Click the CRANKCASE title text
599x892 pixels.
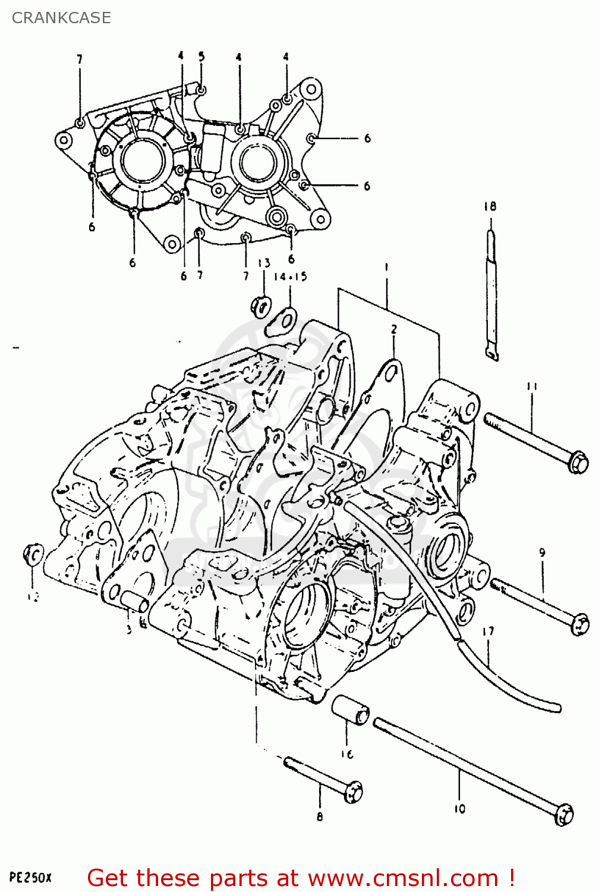[x=61, y=18]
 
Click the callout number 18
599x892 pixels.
[x=490, y=206]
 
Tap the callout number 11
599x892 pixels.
[x=531, y=387]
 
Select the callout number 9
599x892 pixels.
[x=542, y=552]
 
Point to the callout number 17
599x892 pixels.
[x=488, y=631]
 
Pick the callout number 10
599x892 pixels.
[x=460, y=808]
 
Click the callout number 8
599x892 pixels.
[x=320, y=816]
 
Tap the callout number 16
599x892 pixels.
[x=347, y=754]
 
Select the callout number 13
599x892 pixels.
[x=264, y=263]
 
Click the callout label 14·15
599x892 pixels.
[x=291, y=277]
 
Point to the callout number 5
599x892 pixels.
[x=201, y=56]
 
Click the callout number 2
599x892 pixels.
[x=393, y=329]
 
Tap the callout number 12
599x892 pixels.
[x=33, y=596]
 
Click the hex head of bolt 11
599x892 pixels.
[x=578, y=462]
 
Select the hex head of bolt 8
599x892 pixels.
[x=354, y=792]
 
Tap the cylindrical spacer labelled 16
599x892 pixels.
[x=350, y=710]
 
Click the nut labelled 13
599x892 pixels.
[x=260, y=305]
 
